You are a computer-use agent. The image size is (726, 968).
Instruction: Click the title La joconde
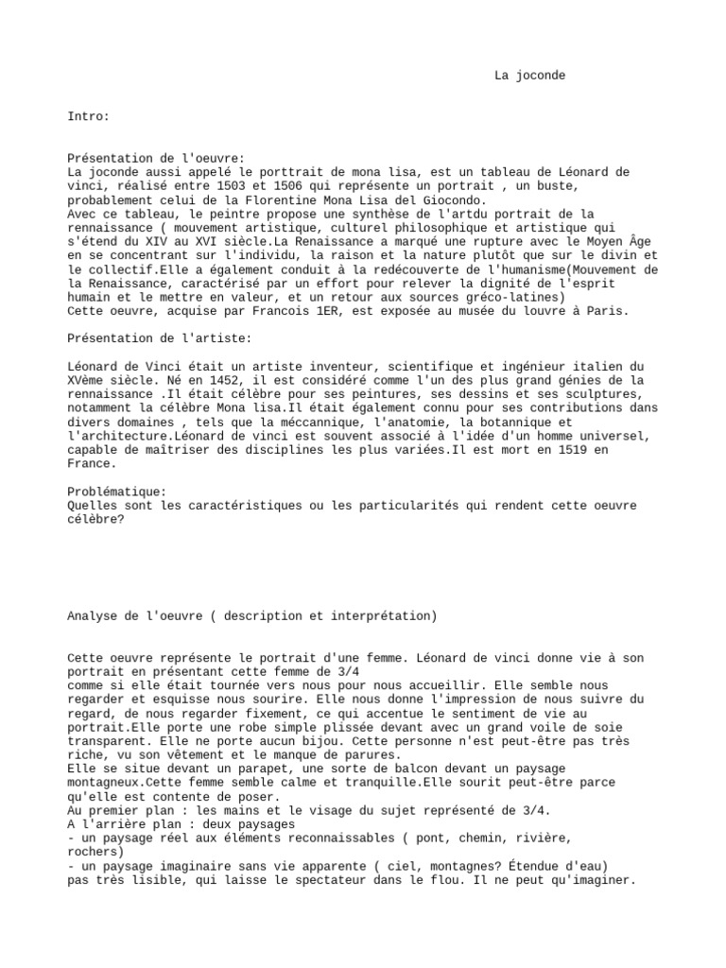pyautogui.click(x=529, y=76)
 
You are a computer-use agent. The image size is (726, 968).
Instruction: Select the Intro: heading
pyautogui.click(x=89, y=116)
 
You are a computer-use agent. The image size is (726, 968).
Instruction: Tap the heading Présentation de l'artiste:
pyautogui.click(x=160, y=338)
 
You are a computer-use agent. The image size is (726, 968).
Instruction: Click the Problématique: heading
pyautogui.click(x=117, y=492)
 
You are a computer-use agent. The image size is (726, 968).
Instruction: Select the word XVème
pyautogui.click(x=89, y=380)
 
